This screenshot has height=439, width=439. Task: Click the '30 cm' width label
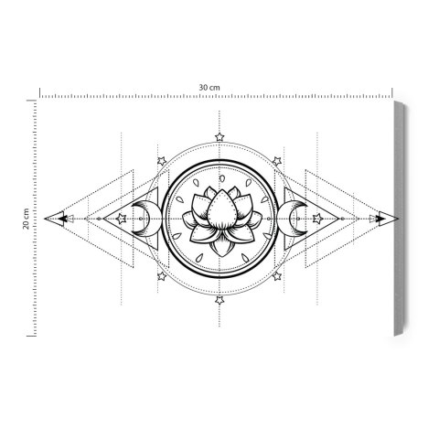(210, 87)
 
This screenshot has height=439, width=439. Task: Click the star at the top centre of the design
(219, 137)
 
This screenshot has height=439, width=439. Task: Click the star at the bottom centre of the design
(219, 299)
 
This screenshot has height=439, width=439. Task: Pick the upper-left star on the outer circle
(163, 161)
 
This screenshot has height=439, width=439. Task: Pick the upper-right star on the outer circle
(275, 161)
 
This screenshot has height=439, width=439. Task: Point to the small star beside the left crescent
(123, 219)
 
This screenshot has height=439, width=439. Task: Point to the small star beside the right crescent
(316, 219)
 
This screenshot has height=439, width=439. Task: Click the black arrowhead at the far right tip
(379, 219)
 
